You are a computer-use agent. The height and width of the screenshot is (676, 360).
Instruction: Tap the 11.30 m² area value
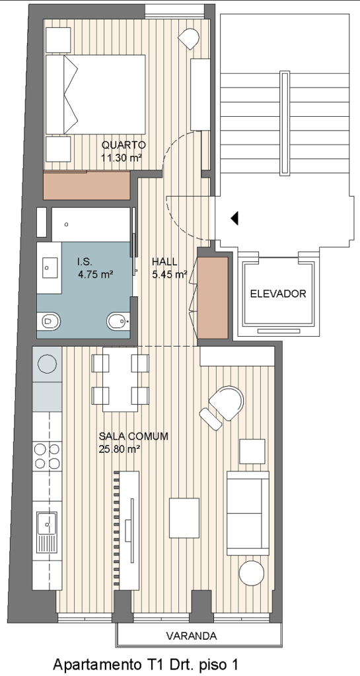(122, 157)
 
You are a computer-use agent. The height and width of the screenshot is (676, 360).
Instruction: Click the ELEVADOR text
(278, 294)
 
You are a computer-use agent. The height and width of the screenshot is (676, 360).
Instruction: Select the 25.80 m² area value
(120, 449)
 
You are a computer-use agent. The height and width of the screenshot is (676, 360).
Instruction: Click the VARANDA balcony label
(192, 636)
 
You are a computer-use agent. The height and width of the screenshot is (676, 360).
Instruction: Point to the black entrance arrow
(234, 218)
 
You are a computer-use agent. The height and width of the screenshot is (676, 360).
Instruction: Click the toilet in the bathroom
(51, 321)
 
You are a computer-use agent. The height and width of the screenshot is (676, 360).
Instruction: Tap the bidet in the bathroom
(118, 321)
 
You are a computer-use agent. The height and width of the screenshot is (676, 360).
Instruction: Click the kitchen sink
(46, 525)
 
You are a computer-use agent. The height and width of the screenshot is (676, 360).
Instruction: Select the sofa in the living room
(248, 513)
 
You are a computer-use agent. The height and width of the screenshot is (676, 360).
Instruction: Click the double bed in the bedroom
(95, 94)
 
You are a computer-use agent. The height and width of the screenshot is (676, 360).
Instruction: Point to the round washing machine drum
(47, 363)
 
